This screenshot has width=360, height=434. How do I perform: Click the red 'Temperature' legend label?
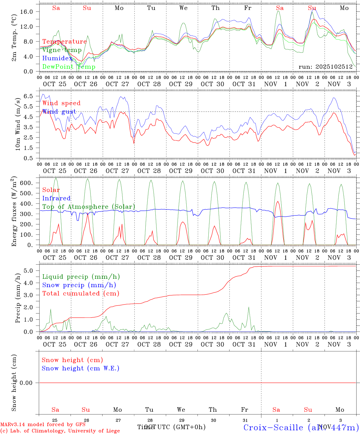point(65,42)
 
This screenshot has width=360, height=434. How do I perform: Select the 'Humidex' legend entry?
point(57,58)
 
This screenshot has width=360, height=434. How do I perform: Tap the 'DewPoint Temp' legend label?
point(69,67)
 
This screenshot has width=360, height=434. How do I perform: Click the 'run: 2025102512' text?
point(325,67)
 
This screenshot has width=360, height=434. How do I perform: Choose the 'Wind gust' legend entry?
point(59,112)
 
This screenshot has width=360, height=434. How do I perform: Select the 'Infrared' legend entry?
point(56,198)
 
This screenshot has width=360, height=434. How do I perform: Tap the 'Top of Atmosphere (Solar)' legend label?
point(89,207)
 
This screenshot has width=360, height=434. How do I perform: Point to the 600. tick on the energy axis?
point(30,183)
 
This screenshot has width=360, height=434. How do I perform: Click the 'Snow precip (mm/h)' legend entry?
point(79,285)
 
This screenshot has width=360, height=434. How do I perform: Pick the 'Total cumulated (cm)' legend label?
point(81,293)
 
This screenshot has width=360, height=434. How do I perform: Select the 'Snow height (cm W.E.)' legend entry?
point(81,368)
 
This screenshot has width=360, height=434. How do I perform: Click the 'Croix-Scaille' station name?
point(273,427)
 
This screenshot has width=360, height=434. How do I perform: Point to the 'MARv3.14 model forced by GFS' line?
point(43,425)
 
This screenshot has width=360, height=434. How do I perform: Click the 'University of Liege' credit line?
point(60,431)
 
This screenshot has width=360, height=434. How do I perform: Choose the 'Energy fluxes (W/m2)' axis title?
point(14,212)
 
